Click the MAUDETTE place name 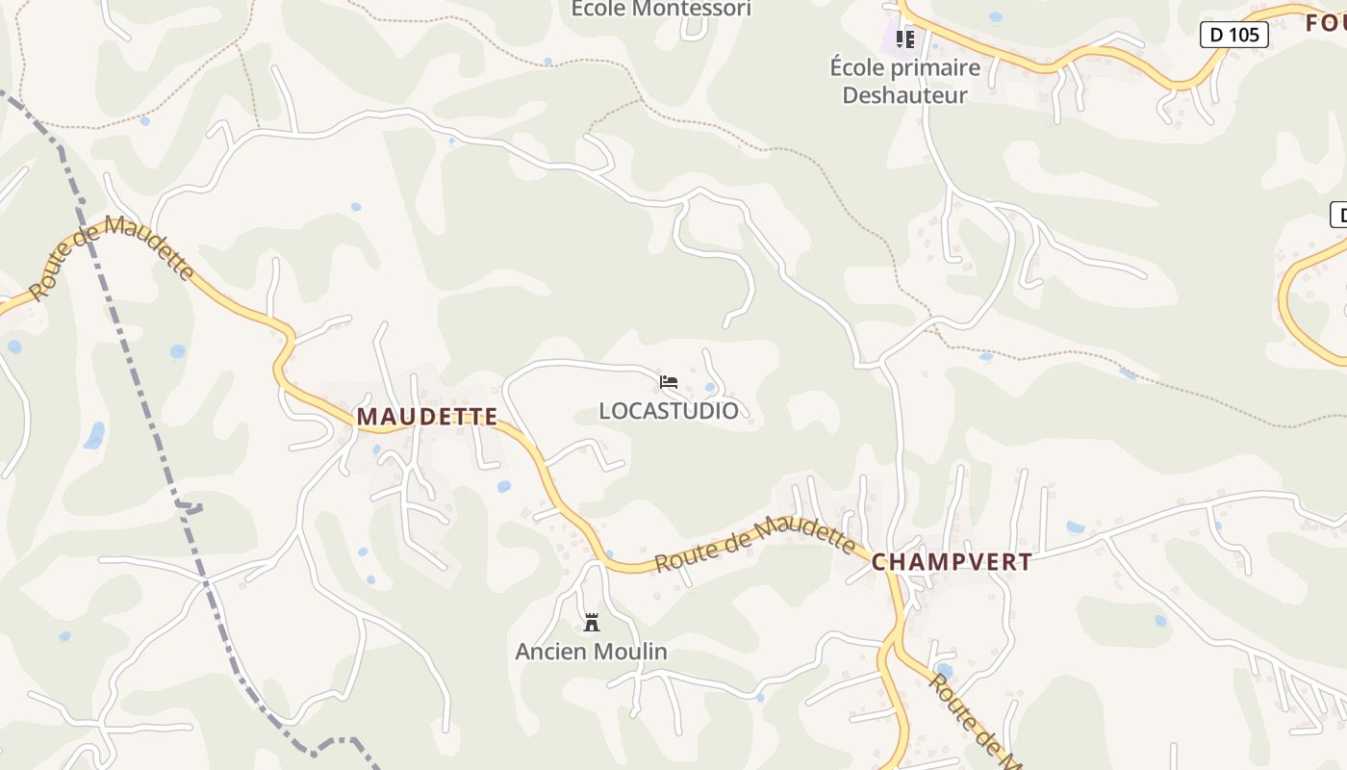click(427, 417)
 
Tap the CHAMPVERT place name click(952, 562)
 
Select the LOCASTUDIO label click(669, 411)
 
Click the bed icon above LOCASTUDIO click(669, 382)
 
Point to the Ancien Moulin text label click(591, 652)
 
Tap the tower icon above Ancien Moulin click(592, 623)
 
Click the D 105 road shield click(1234, 36)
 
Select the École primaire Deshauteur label click(904, 81)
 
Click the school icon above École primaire click(904, 39)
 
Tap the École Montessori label click(661, 9)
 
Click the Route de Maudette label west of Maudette click(111, 254)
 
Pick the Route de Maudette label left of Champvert click(755, 544)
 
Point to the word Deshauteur click(904, 95)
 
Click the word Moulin click(629, 652)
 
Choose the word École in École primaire click(857, 67)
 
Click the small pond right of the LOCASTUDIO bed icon click(710, 388)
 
